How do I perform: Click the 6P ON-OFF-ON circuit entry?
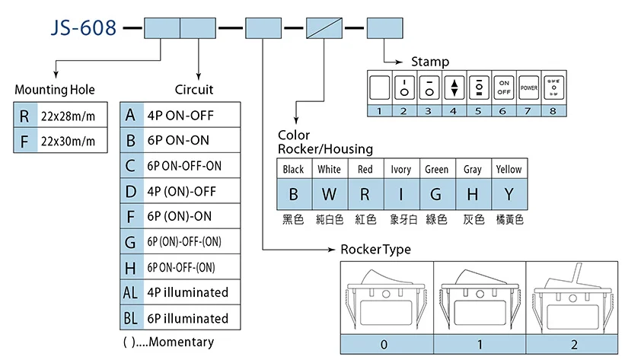(x=185, y=166)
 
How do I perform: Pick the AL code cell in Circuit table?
(x=131, y=292)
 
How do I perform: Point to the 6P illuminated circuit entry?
(x=188, y=318)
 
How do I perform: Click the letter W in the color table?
(x=329, y=194)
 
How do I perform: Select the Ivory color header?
(x=400, y=169)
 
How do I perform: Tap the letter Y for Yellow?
(x=508, y=194)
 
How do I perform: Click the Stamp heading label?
(x=430, y=62)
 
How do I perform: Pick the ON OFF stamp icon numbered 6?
(x=504, y=87)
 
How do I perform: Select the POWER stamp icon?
(x=529, y=88)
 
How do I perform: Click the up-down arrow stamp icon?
(x=454, y=88)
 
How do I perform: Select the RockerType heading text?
(x=375, y=250)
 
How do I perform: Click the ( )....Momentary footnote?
(x=168, y=342)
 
